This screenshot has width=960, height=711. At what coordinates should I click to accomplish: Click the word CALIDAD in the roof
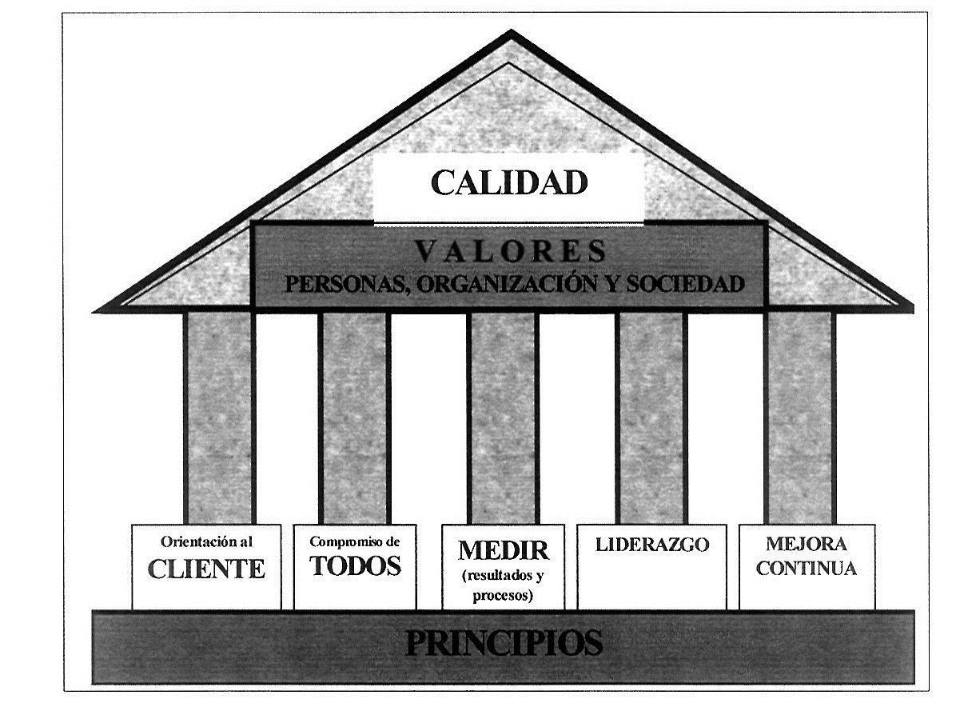coord(509,182)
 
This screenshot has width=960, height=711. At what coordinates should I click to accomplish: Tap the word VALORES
coord(510,253)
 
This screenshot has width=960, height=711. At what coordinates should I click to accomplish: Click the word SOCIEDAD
coord(685,284)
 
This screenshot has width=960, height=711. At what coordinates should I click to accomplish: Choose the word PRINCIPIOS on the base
coord(504,644)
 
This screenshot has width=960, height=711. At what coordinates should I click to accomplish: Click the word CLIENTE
coord(206,569)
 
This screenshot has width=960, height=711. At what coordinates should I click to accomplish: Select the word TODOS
coord(355,565)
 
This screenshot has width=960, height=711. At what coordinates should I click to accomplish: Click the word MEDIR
coord(504,550)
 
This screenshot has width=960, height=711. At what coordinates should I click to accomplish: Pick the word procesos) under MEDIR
coord(504,595)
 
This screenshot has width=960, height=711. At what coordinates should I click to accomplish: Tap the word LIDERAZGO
coord(652,545)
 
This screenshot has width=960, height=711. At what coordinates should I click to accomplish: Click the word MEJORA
coord(807,544)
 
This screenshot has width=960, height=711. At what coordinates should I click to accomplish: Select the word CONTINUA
coord(807,569)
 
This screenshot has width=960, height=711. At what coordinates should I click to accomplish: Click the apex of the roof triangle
coord(512,34)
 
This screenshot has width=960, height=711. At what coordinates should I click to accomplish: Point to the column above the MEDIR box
coord(504,416)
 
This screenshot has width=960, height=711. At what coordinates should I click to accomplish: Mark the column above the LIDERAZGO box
coord(651,416)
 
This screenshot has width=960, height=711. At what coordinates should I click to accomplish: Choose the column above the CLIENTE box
coord(219,416)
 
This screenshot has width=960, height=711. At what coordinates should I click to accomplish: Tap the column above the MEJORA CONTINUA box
coord(799,416)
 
